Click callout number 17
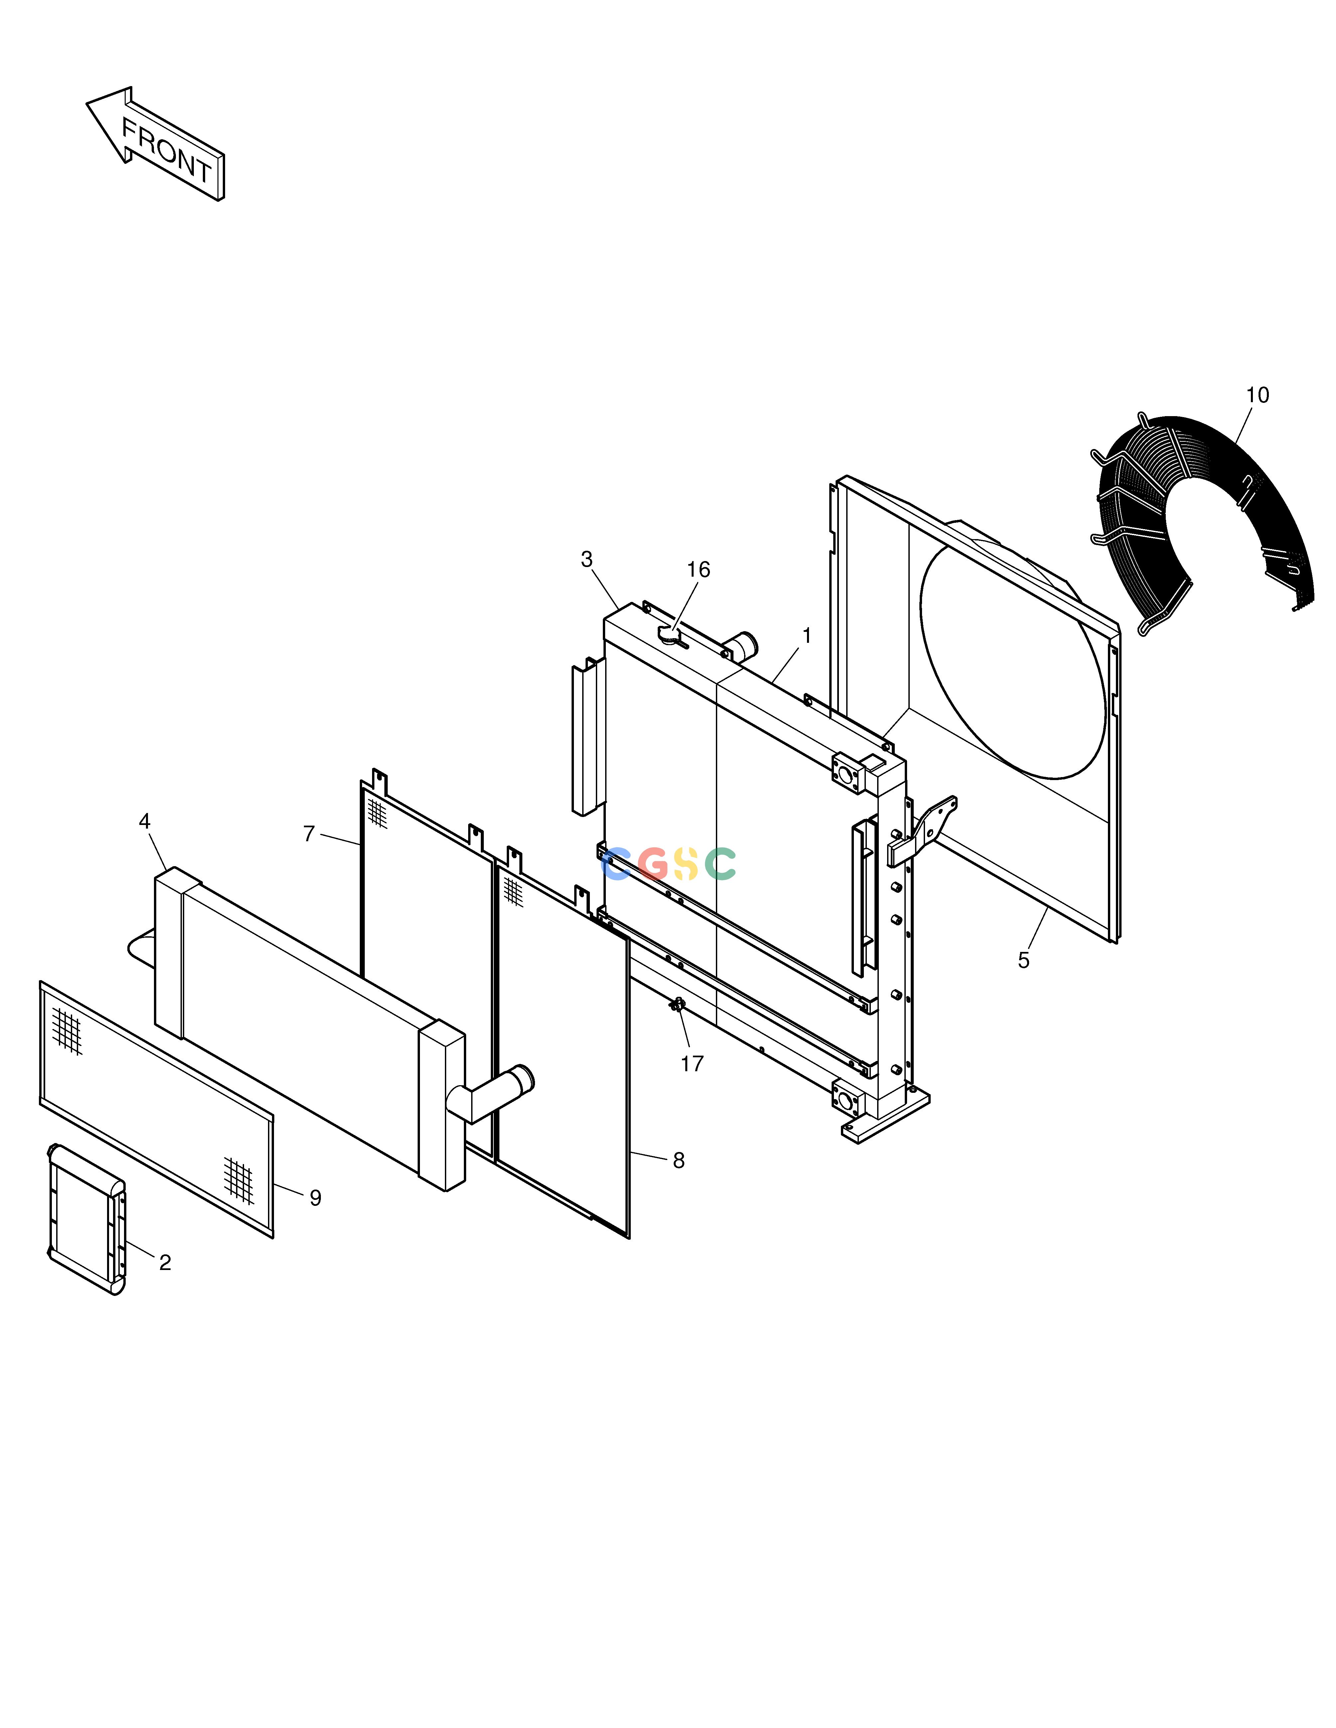[x=692, y=1064]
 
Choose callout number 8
[x=678, y=1161]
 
